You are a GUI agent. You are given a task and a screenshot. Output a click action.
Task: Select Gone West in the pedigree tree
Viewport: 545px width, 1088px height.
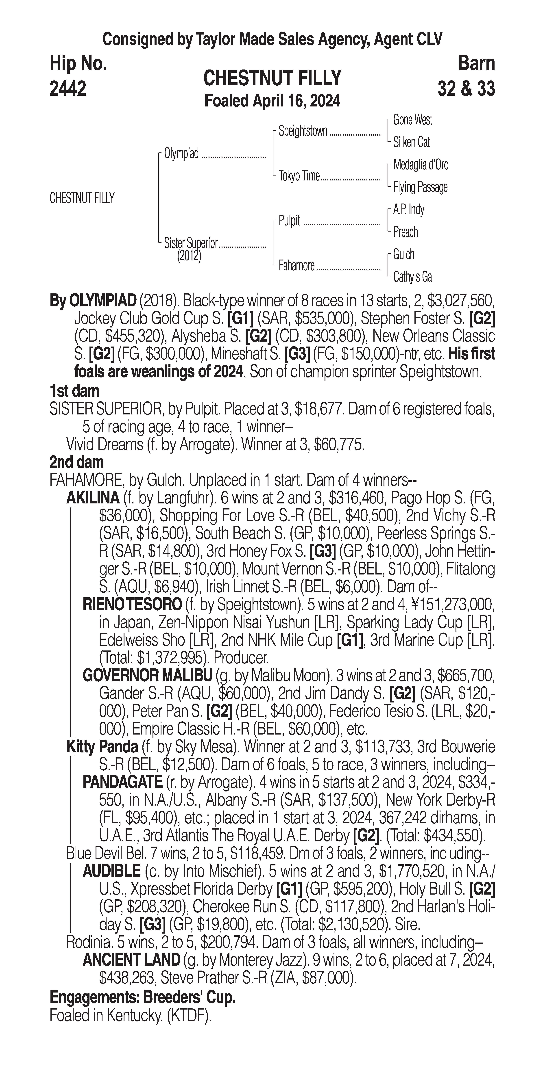click(x=412, y=120)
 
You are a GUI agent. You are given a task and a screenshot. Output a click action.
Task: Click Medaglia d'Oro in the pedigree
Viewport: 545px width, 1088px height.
click(x=420, y=165)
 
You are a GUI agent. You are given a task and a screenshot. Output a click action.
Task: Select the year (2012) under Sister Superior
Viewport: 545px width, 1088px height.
click(x=189, y=256)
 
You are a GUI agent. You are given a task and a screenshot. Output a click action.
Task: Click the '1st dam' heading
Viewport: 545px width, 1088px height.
click(x=74, y=391)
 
